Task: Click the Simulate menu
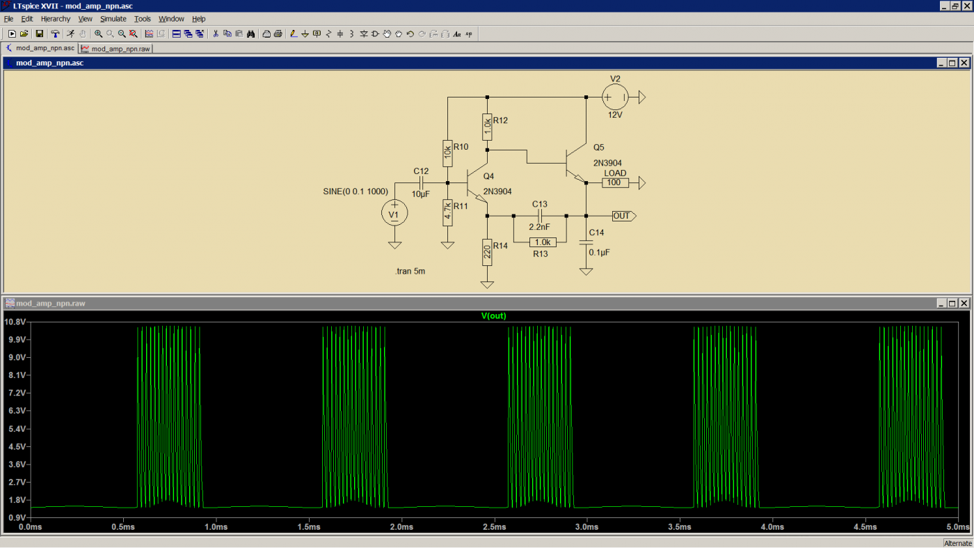pyautogui.click(x=113, y=19)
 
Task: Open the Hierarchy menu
pyautogui.click(x=55, y=19)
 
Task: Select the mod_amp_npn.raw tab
pyautogui.click(x=116, y=49)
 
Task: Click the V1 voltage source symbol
pyautogui.click(x=394, y=213)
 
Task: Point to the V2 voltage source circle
pyautogui.click(x=615, y=97)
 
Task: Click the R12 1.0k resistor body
pyautogui.click(x=487, y=127)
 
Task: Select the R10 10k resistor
pyautogui.click(x=447, y=153)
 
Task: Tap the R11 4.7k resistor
pyautogui.click(x=447, y=212)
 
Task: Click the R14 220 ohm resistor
pyautogui.click(x=487, y=252)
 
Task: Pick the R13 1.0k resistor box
pyautogui.click(x=543, y=242)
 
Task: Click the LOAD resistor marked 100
pyautogui.click(x=615, y=183)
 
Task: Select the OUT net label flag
pyautogui.click(x=624, y=216)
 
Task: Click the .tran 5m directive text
pyautogui.click(x=410, y=271)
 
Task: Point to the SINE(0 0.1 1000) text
pyautogui.click(x=356, y=191)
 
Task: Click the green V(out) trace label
pyautogui.click(x=493, y=316)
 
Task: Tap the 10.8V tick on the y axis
pyautogui.click(x=15, y=322)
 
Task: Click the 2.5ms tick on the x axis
pyautogui.click(x=494, y=526)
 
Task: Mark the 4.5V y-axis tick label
pyautogui.click(x=17, y=446)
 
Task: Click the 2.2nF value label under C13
pyautogui.click(x=539, y=227)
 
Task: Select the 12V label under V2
pyautogui.click(x=615, y=115)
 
